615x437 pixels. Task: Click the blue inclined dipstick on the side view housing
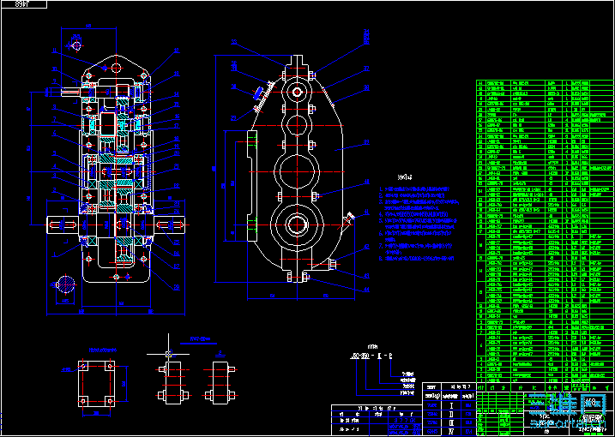coord(258,95)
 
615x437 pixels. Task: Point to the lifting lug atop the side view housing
coord(297,65)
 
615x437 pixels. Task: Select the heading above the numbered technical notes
coord(393,177)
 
